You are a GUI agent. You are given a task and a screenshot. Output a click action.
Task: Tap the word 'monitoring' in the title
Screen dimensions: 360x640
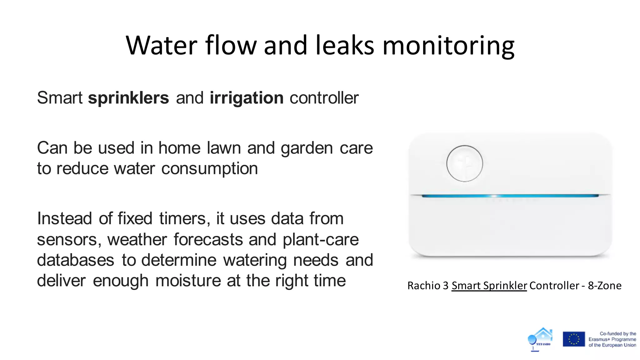pyautogui.click(x=448, y=46)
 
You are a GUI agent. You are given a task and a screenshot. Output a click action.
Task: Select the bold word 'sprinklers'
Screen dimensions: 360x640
pyautogui.click(x=128, y=98)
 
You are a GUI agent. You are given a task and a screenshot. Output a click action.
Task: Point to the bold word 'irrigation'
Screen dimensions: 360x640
pyautogui.click(x=247, y=98)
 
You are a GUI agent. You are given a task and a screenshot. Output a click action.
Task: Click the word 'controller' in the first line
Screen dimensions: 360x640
pyautogui.click(x=324, y=98)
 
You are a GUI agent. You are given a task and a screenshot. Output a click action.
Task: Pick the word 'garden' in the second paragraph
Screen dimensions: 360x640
pyautogui.click(x=307, y=148)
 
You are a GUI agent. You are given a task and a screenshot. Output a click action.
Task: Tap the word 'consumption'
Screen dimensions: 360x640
pyautogui.click(x=209, y=169)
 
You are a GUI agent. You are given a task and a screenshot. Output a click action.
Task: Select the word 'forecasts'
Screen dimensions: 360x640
pyautogui.click(x=208, y=240)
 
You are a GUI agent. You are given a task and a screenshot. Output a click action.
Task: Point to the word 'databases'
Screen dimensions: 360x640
pyautogui.click(x=76, y=260)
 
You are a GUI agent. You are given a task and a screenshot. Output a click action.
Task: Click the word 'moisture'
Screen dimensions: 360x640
pyautogui.click(x=188, y=280)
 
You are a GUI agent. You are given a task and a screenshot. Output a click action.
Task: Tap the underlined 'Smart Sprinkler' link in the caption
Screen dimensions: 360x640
pyautogui.click(x=489, y=286)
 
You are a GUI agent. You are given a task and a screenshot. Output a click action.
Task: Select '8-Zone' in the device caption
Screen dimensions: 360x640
pyautogui.click(x=605, y=286)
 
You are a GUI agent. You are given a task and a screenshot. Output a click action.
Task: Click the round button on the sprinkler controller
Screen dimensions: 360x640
pyautogui.click(x=464, y=163)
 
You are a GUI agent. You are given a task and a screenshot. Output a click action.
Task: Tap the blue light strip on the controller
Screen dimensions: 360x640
pyautogui.click(x=510, y=196)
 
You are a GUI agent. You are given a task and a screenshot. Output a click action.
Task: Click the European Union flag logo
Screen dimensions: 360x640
pyautogui.click(x=574, y=339)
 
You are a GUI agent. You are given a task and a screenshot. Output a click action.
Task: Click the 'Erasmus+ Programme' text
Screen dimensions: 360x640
pyautogui.click(x=612, y=339)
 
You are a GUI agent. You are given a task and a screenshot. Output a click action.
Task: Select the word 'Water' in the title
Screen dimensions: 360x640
pyautogui.click(x=162, y=45)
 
